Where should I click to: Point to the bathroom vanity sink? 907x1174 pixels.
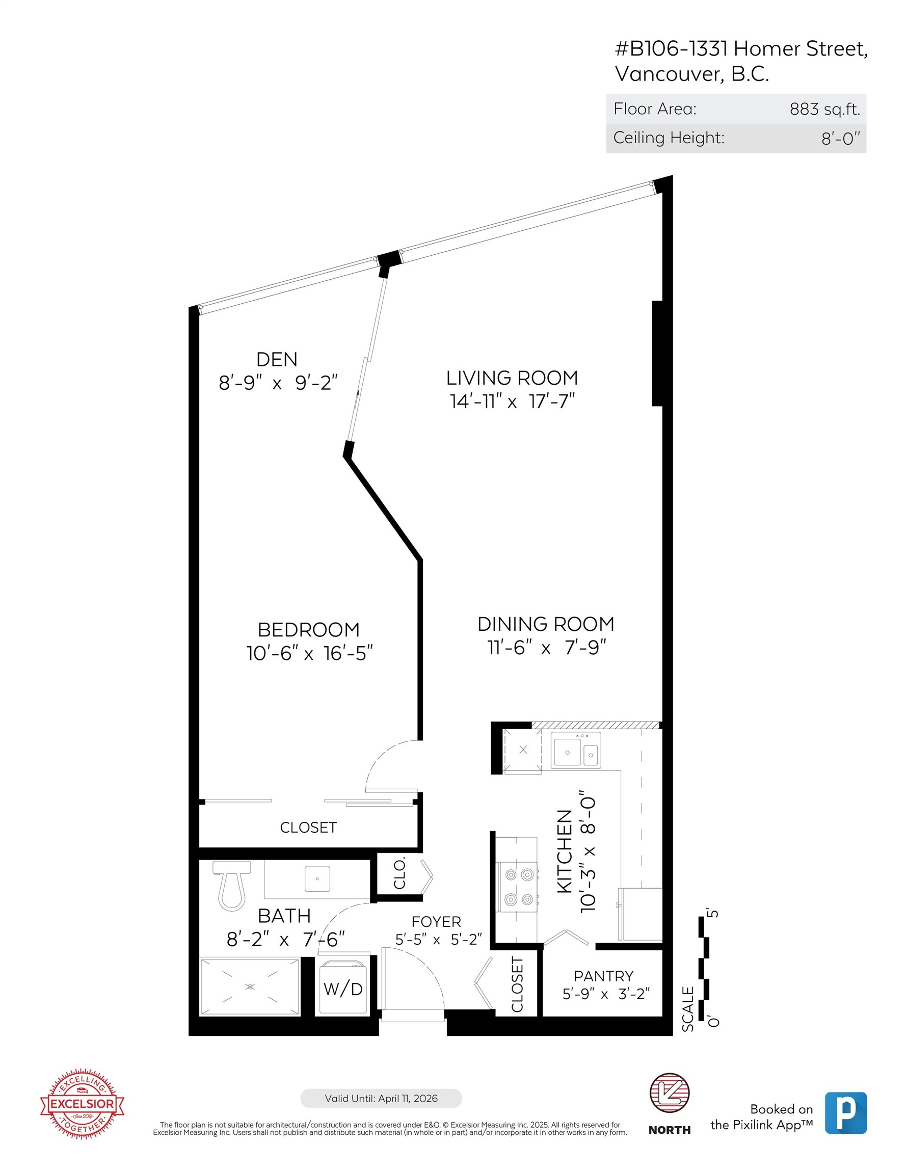pyautogui.click(x=317, y=879)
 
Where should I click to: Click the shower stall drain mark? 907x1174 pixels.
pyautogui.click(x=250, y=986)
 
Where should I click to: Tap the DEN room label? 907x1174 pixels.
pyautogui.click(x=276, y=359)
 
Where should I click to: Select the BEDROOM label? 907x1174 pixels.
pyautogui.click(x=309, y=629)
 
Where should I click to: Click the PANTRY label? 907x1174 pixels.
pyautogui.click(x=603, y=976)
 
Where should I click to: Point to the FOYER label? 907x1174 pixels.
pyautogui.click(x=436, y=921)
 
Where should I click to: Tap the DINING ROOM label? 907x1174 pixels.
pyautogui.click(x=545, y=624)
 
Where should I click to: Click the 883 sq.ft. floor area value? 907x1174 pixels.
pyautogui.click(x=824, y=109)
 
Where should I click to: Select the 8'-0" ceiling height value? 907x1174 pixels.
pyautogui.click(x=840, y=139)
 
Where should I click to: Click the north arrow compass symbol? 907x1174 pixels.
pyautogui.click(x=670, y=1094)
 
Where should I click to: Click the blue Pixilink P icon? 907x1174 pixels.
pyautogui.click(x=845, y=1113)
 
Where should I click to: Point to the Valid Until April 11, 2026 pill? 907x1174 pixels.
pyautogui.click(x=381, y=1098)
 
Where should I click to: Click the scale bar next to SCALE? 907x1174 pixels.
pyautogui.click(x=703, y=968)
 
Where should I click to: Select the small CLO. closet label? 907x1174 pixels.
pyautogui.click(x=399, y=874)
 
